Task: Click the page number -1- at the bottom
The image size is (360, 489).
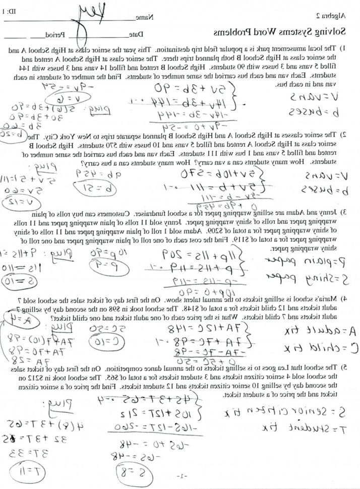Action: click(181, 476)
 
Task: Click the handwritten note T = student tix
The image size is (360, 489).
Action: click(308, 427)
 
